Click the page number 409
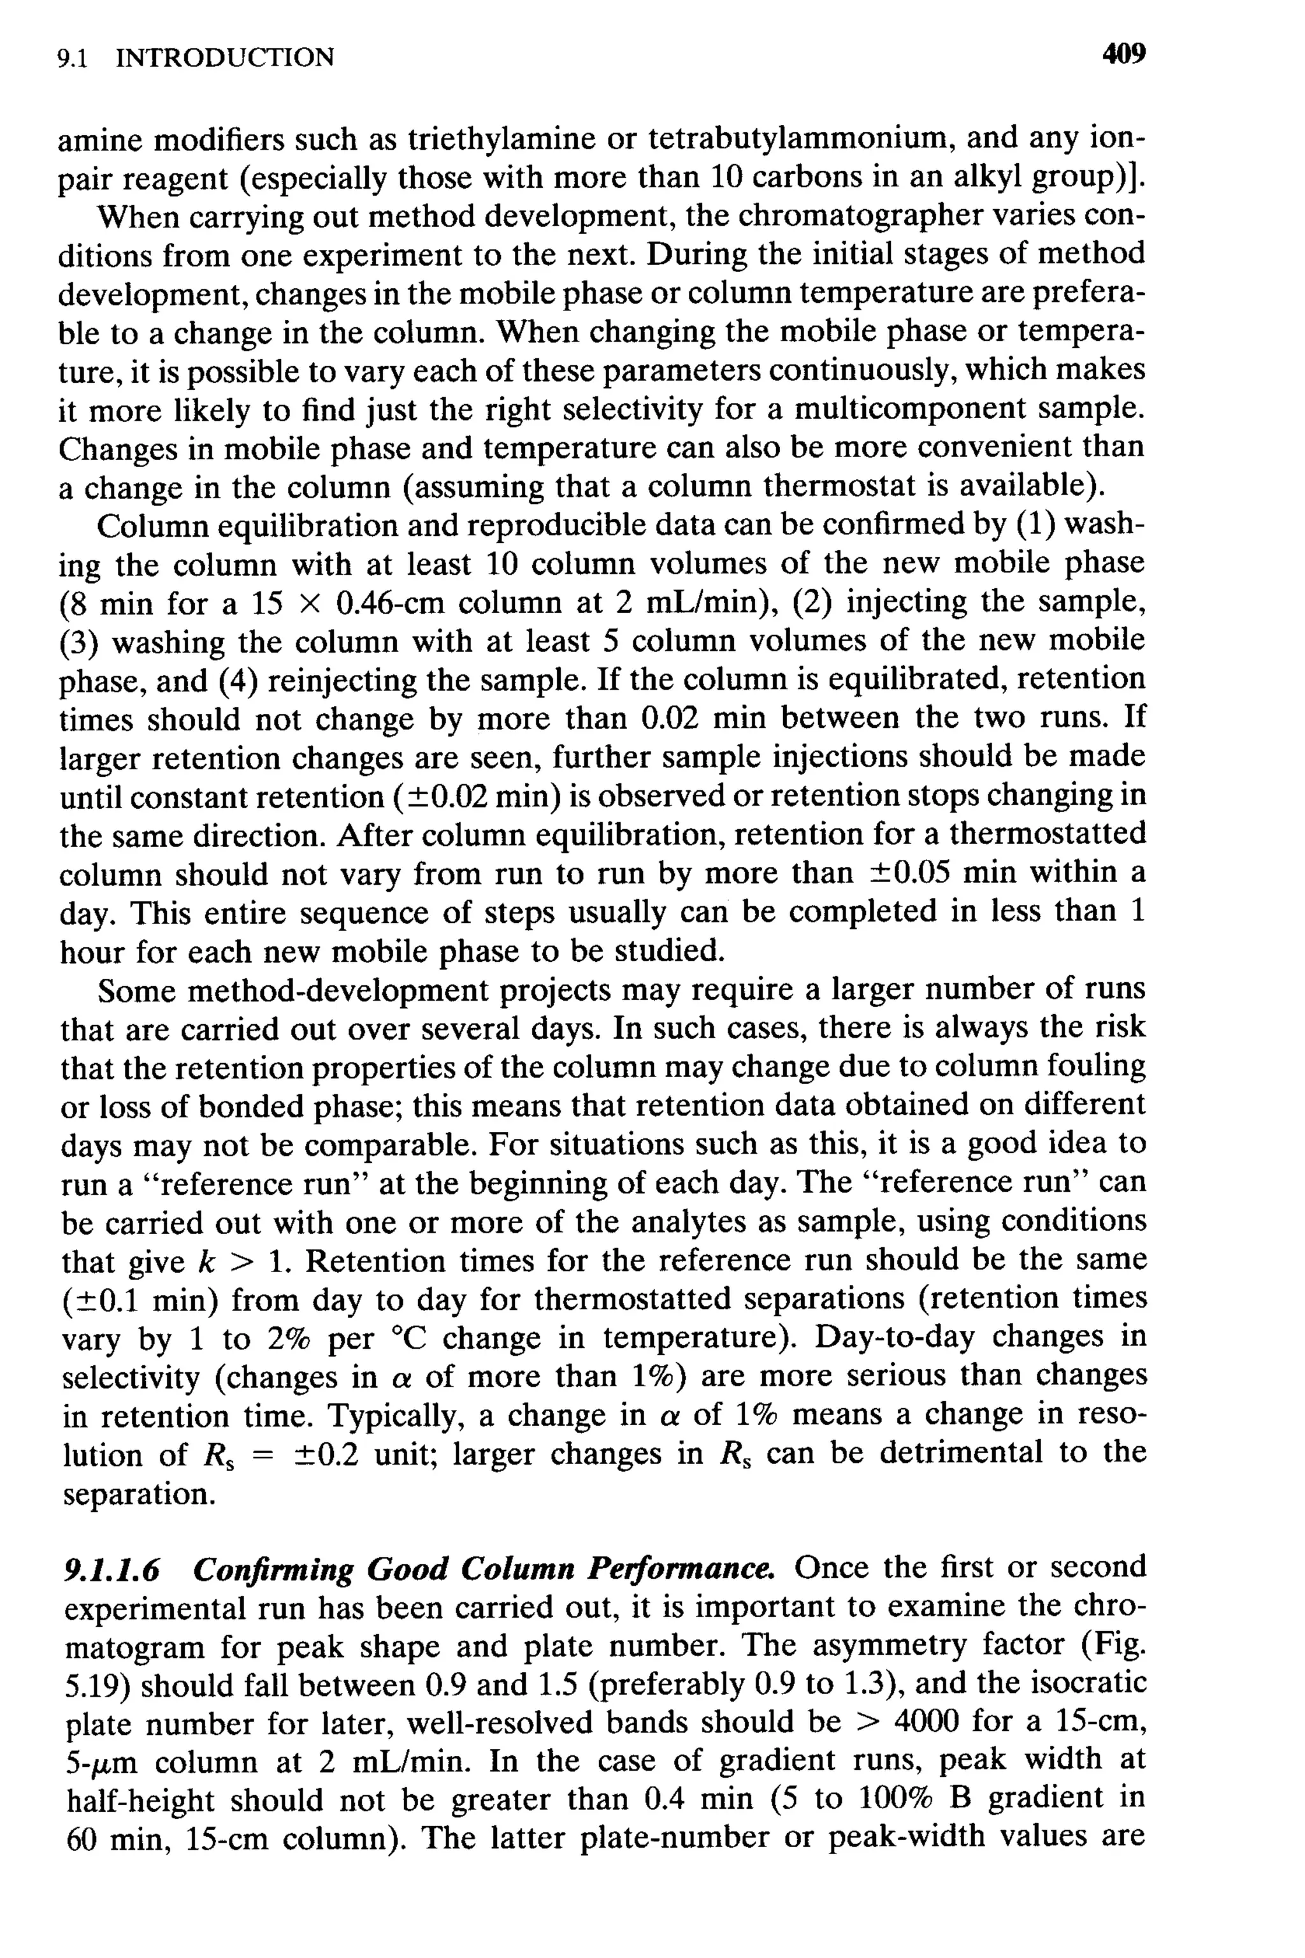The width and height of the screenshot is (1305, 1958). coord(1123,55)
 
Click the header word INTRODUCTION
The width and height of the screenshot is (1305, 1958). coord(225,57)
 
